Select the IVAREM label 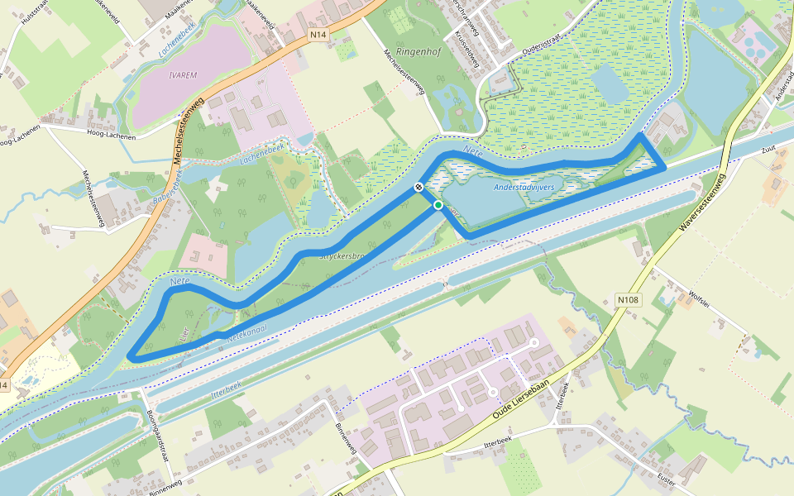tap(182, 74)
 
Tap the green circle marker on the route tap(438, 205)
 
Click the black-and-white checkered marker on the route tap(419, 188)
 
